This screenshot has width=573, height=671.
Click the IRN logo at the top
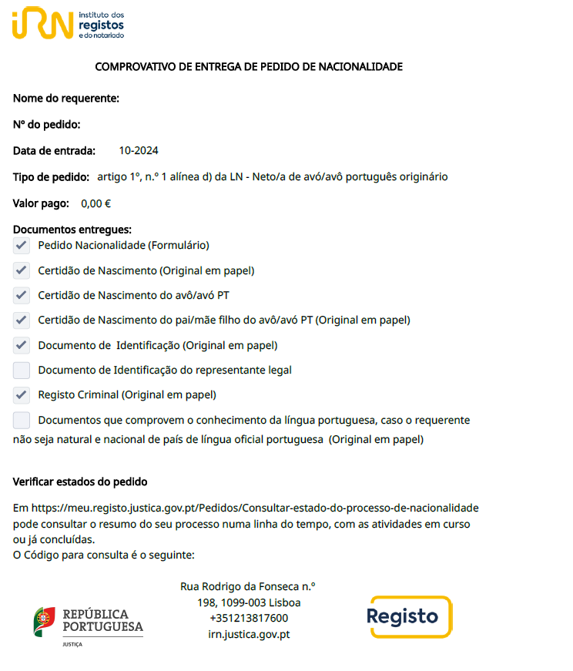click(43, 23)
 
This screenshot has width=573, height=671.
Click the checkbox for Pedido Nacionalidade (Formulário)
click(22, 246)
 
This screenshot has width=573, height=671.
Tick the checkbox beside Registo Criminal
click(22, 395)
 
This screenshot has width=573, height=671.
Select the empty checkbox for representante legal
click(22, 371)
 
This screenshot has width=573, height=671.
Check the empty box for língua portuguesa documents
click(22, 421)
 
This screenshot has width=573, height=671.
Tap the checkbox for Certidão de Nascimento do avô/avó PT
click(22, 296)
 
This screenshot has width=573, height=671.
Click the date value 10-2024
click(139, 151)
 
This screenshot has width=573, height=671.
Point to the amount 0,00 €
click(96, 204)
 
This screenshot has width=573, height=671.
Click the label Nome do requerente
click(66, 99)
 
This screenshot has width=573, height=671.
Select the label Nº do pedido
click(47, 125)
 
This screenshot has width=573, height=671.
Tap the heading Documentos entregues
click(72, 230)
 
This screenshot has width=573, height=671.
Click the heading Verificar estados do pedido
click(80, 482)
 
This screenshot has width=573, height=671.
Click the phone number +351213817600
click(249, 618)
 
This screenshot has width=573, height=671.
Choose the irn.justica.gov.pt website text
click(249, 634)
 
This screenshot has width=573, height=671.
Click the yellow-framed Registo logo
click(409, 616)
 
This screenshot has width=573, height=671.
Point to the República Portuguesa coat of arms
click(44, 621)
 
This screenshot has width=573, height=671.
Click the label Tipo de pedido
click(51, 177)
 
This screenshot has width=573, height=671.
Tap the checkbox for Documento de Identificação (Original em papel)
click(22, 345)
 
